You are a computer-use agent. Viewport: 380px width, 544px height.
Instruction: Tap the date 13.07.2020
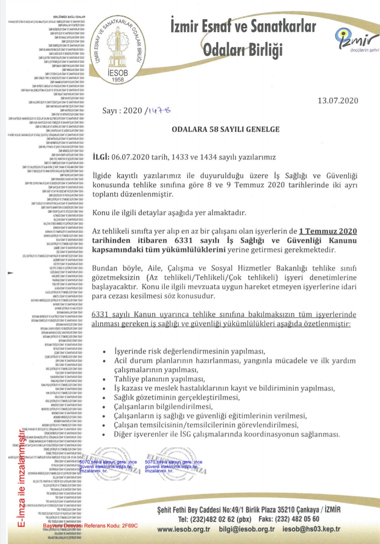337,101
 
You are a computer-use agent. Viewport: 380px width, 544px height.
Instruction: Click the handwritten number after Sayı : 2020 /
159,110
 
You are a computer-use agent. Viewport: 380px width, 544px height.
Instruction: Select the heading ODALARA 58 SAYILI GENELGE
226,129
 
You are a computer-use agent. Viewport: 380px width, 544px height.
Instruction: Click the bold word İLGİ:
101,157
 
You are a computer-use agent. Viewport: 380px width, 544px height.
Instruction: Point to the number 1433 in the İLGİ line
179,157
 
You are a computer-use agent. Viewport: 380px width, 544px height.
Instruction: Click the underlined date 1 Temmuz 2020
327,231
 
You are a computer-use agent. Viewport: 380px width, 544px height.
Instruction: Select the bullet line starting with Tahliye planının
159,379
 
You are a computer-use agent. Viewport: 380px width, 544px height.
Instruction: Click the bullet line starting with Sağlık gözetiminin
177,397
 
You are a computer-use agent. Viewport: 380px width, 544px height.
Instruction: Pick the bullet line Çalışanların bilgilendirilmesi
163,406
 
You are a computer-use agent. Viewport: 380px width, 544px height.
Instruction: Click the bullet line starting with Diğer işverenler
226,434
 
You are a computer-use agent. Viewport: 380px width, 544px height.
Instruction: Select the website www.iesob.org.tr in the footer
184,529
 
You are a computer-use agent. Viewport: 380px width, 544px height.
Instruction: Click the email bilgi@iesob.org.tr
247,529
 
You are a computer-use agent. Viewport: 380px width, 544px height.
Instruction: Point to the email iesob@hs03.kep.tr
311,529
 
